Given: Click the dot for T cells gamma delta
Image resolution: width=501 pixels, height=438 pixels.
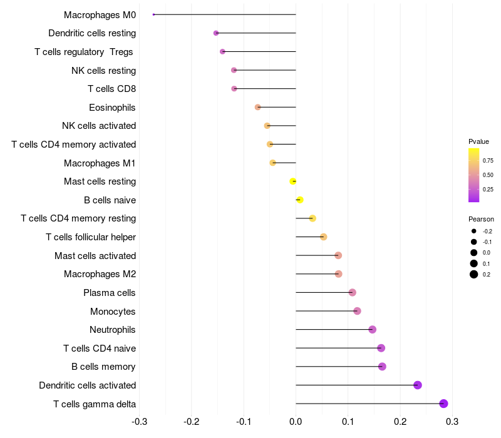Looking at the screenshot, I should [x=443, y=404].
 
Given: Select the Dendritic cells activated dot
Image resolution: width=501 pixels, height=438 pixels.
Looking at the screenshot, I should [x=418, y=385].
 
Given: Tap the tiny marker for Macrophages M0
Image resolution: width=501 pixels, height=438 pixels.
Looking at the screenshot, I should [x=153, y=14].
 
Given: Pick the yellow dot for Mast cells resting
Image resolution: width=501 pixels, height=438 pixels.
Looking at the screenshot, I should [x=293, y=181].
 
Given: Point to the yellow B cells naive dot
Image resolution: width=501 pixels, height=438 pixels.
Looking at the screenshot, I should [x=299, y=200].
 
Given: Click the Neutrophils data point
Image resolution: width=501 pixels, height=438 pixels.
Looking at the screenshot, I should [x=372, y=330].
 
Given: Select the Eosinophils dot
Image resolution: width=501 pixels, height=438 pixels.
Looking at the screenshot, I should [x=257, y=107].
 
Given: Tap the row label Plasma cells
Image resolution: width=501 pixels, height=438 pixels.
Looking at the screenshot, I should [x=110, y=293].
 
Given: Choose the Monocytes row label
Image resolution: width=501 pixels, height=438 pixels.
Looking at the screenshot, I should [x=113, y=312].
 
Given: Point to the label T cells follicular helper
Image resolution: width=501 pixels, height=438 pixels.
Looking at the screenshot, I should [x=91, y=237].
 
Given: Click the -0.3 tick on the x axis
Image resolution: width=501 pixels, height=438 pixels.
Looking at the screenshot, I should [x=139, y=421].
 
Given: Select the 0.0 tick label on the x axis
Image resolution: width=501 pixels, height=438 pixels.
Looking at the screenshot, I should [x=296, y=421].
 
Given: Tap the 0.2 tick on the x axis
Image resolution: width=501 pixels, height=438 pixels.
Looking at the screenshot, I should [x=400, y=421].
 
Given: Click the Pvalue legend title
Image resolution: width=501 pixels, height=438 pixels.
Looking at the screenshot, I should [x=478, y=141].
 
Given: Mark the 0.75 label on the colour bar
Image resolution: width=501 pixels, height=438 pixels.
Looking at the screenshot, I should [x=488, y=160].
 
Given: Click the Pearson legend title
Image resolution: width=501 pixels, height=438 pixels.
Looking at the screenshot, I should [x=481, y=219].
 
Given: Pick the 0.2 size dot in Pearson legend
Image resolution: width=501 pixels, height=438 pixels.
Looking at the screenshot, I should [x=474, y=274].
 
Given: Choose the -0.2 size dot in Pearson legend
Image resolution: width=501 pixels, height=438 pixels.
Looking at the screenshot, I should [x=474, y=231].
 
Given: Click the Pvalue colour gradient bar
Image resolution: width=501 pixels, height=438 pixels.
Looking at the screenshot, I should [x=474, y=175].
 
